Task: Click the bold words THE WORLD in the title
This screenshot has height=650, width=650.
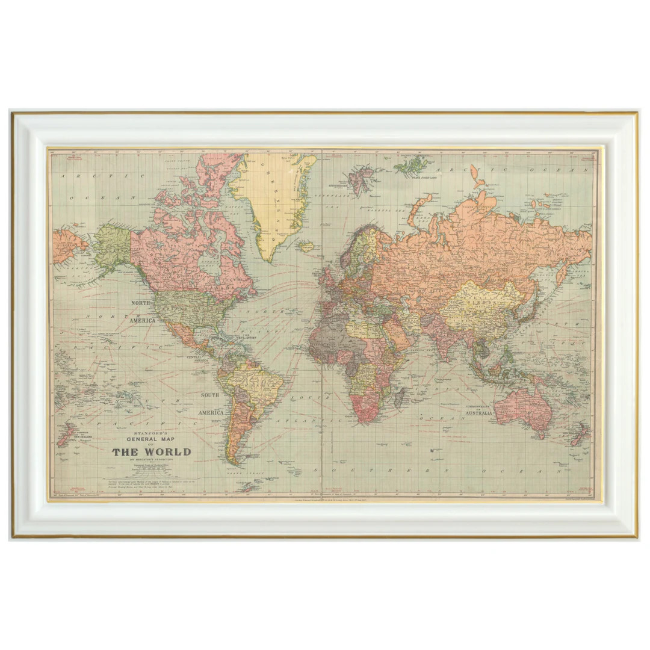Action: click(x=151, y=452)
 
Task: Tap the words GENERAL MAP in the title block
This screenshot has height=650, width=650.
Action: click(x=151, y=439)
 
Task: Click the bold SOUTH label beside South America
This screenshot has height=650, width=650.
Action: click(x=210, y=395)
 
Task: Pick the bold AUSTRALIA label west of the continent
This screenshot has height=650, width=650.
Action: click(x=478, y=413)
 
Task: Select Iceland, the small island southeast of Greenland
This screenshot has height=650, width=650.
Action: click(x=306, y=246)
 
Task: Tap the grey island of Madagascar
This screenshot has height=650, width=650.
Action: click(x=398, y=396)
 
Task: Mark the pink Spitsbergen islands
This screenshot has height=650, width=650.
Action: click(x=362, y=180)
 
